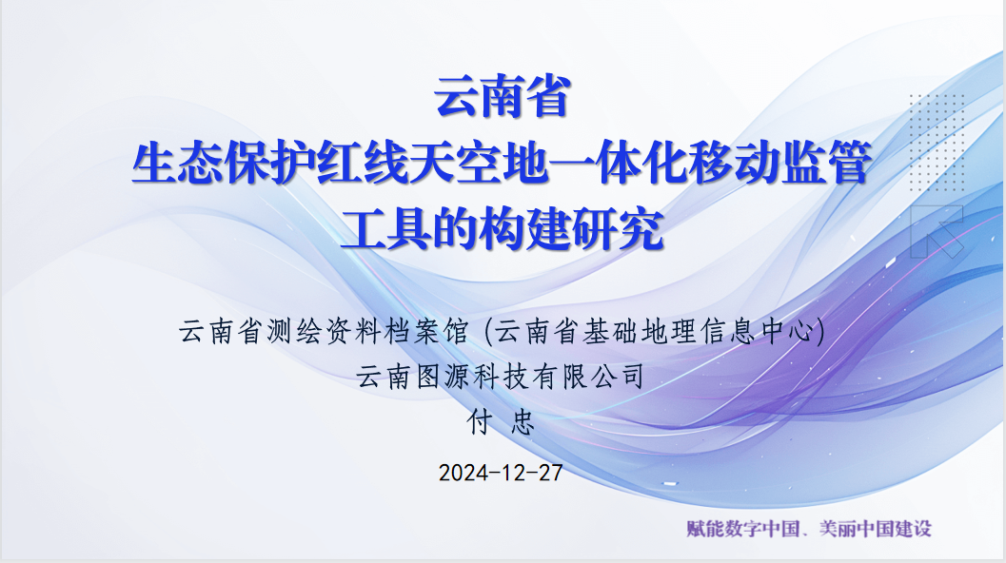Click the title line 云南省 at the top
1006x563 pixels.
point(502,99)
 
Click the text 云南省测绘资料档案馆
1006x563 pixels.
point(324,333)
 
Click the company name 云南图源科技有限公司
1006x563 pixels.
point(502,377)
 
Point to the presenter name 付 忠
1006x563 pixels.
point(502,421)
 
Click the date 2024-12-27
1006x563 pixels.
point(502,473)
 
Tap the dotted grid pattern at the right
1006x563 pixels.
point(937,133)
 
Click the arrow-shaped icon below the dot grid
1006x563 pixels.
point(937,231)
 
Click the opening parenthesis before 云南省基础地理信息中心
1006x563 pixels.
point(488,333)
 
